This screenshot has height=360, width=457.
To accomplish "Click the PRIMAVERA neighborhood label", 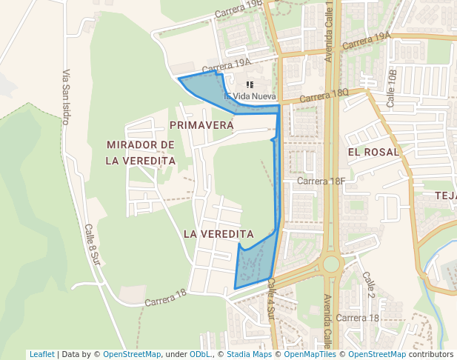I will click(201, 125).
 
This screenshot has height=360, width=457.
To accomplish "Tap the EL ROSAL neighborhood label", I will click(373, 152).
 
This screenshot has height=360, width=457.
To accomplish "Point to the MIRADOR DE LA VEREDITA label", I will click(141, 152).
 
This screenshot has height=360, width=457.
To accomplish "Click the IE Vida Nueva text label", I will click(250, 96).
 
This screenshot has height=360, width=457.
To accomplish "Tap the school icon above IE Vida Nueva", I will click(250, 85).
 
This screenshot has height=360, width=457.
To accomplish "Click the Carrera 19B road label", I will click(238, 9).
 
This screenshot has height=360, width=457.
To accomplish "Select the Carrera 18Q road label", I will click(324, 96).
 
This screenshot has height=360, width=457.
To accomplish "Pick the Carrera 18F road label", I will click(321, 181).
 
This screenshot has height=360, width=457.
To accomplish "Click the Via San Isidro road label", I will click(66, 96).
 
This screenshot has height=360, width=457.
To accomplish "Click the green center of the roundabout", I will click(330, 264).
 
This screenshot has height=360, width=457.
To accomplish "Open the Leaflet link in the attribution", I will click(42, 354).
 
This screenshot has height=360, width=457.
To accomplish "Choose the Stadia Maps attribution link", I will click(248, 354).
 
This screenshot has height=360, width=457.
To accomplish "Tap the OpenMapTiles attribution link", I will click(310, 354).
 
